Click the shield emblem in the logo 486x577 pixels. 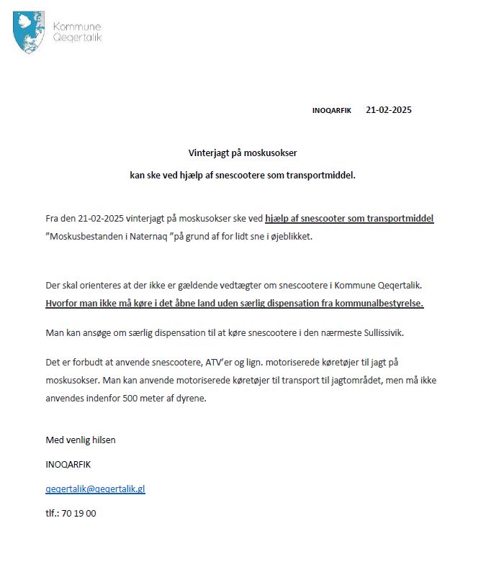(x=27, y=32)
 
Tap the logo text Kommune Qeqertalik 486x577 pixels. (x=78, y=32)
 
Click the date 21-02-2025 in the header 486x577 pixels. (x=389, y=110)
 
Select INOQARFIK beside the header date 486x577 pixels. (x=331, y=111)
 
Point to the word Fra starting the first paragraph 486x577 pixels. (x=52, y=218)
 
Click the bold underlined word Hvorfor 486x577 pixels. (x=65, y=303)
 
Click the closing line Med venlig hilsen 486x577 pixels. (x=80, y=440)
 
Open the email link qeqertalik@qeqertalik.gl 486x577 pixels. (x=95, y=489)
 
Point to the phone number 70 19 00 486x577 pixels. (x=78, y=513)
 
